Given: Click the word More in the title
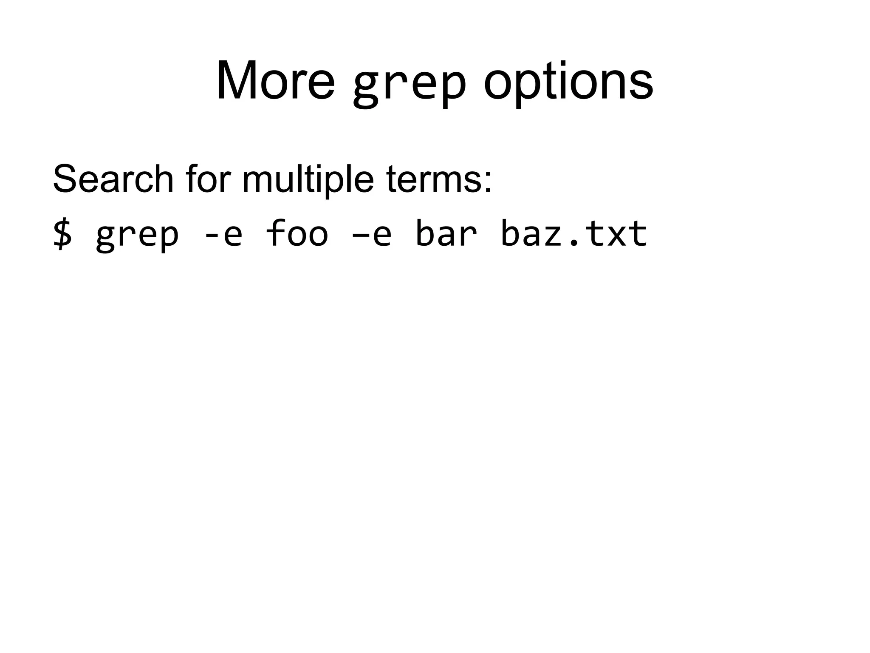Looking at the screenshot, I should point(275,81).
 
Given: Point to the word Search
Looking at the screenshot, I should point(113,179).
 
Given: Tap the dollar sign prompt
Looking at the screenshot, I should point(62,234).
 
